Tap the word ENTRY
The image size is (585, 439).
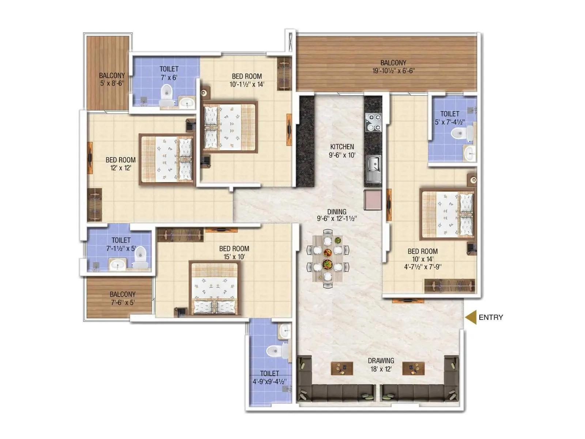pos(491,318)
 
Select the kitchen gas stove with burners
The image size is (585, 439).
pos(373,123)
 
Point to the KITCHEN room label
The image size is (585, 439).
pos(342,147)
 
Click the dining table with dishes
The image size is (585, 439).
pos(328,258)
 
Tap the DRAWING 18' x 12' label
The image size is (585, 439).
pos(381,365)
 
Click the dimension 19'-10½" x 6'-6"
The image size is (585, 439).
pos(393,71)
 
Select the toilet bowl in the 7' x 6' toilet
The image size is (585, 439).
pos(166,93)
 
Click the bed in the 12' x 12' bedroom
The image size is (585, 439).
pos(167,160)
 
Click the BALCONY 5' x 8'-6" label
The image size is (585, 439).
pos(112,79)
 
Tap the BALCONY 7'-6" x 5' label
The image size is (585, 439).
pos(122,298)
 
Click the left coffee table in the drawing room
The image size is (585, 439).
pos(342,368)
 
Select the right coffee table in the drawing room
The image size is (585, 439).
pos(413,368)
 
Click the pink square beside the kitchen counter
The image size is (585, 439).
pos(373,200)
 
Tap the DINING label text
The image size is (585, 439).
pos(337,211)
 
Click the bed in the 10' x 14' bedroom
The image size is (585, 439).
pos(448,214)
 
